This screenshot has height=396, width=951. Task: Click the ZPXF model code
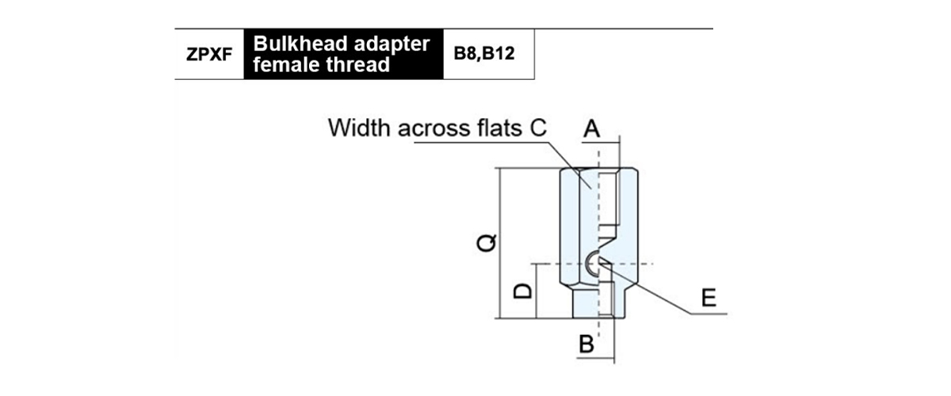tap(209, 54)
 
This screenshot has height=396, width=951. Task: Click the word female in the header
tap(286, 64)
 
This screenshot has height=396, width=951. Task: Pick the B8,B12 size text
tap(484, 54)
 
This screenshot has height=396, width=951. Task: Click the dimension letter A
tap(591, 128)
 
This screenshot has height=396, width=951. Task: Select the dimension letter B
tap(586, 344)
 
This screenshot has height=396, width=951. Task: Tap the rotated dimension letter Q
tap(487, 243)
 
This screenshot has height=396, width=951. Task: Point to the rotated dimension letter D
tap(522, 291)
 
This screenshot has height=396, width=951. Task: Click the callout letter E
tap(708, 298)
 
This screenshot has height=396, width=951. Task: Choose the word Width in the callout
tap(359, 128)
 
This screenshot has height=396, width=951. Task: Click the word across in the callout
tap(434, 129)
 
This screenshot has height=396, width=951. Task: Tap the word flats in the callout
tap(500, 128)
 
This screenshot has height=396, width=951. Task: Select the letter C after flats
tap(538, 128)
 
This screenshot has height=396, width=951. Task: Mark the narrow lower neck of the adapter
tap(598, 303)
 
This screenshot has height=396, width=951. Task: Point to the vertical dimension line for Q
tap(501, 243)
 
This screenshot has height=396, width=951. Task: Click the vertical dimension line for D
tap(537, 291)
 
